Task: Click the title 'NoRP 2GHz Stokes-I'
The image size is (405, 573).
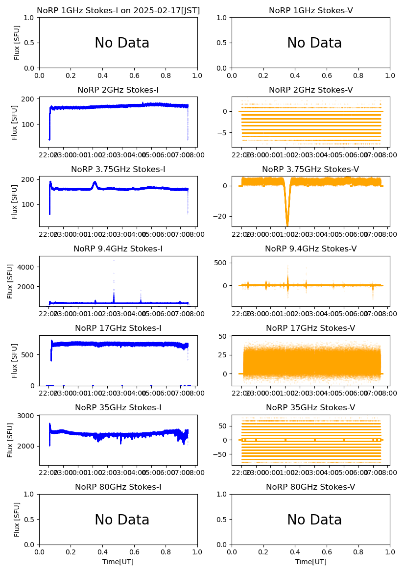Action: pyautogui.click(x=118, y=90)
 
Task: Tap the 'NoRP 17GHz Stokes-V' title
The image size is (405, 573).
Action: pyautogui.click(x=310, y=328)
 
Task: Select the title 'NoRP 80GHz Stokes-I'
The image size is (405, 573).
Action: pyautogui.click(x=118, y=487)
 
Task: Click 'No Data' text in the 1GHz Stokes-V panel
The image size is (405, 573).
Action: pyautogui.click(x=314, y=43)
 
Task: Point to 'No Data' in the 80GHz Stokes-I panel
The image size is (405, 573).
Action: pyautogui.click(x=122, y=520)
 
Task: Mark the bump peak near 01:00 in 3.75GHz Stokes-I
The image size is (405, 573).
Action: pyautogui.click(x=95, y=183)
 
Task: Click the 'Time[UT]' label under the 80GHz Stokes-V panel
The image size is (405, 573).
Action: pyautogui.click(x=310, y=562)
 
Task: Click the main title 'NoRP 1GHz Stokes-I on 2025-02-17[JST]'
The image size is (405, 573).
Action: pyautogui.click(x=118, y=10)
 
